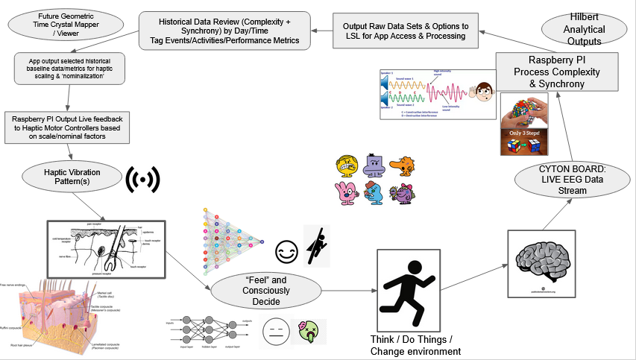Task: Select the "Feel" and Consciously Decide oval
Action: tap(267, 290)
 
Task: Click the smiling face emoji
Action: tap(286, 251)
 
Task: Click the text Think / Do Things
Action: tap(408, 338)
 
